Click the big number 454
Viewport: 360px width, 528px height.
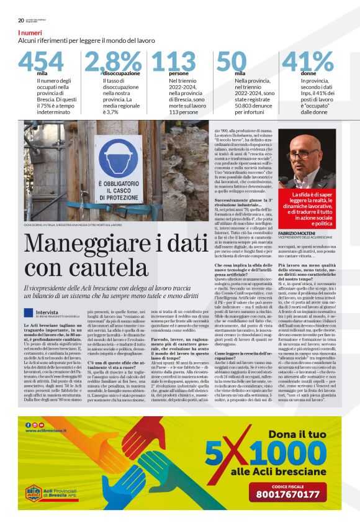[40, 61]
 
